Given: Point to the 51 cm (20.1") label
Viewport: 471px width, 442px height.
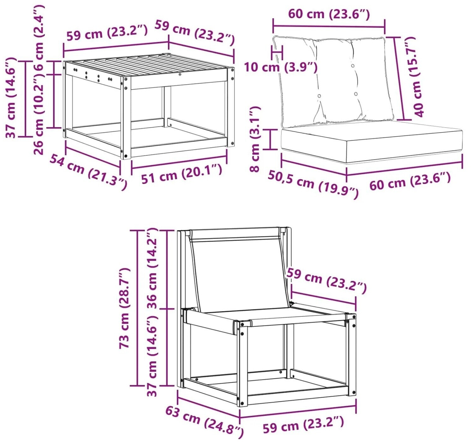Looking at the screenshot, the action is (x=182, y=174).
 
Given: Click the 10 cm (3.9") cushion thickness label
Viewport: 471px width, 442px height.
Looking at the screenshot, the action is (x=281, y=67).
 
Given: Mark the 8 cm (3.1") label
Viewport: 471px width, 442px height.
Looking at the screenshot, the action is (x=255, y=139).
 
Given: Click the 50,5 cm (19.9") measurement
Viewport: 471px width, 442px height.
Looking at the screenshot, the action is (x=313, y=185).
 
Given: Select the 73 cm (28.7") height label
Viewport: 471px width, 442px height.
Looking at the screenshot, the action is (x=124, y=309).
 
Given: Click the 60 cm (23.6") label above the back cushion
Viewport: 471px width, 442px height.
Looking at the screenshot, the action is (x=329, y=14).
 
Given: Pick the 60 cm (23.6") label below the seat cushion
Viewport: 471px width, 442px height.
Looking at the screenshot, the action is (x=410, y=181).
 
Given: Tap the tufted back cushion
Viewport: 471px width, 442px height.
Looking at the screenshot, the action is (x=333, y=81).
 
